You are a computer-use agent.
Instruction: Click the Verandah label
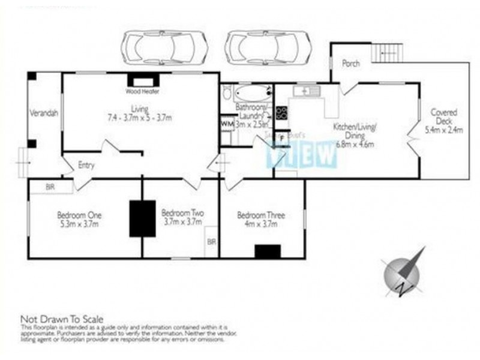coord(43,113)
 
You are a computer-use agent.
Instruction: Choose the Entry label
coord(86,165)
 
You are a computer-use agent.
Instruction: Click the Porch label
coord(350,64)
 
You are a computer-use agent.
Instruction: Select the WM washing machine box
coord(226,124)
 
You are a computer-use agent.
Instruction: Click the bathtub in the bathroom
coord(251,94)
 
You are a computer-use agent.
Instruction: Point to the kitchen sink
coord(307,91)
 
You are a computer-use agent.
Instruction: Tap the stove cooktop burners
coord(281,112)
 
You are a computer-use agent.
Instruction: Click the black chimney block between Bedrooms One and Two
coord(143,217)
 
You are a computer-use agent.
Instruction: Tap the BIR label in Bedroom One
coord(51,187)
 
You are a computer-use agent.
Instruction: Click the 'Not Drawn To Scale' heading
coord(62,319)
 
